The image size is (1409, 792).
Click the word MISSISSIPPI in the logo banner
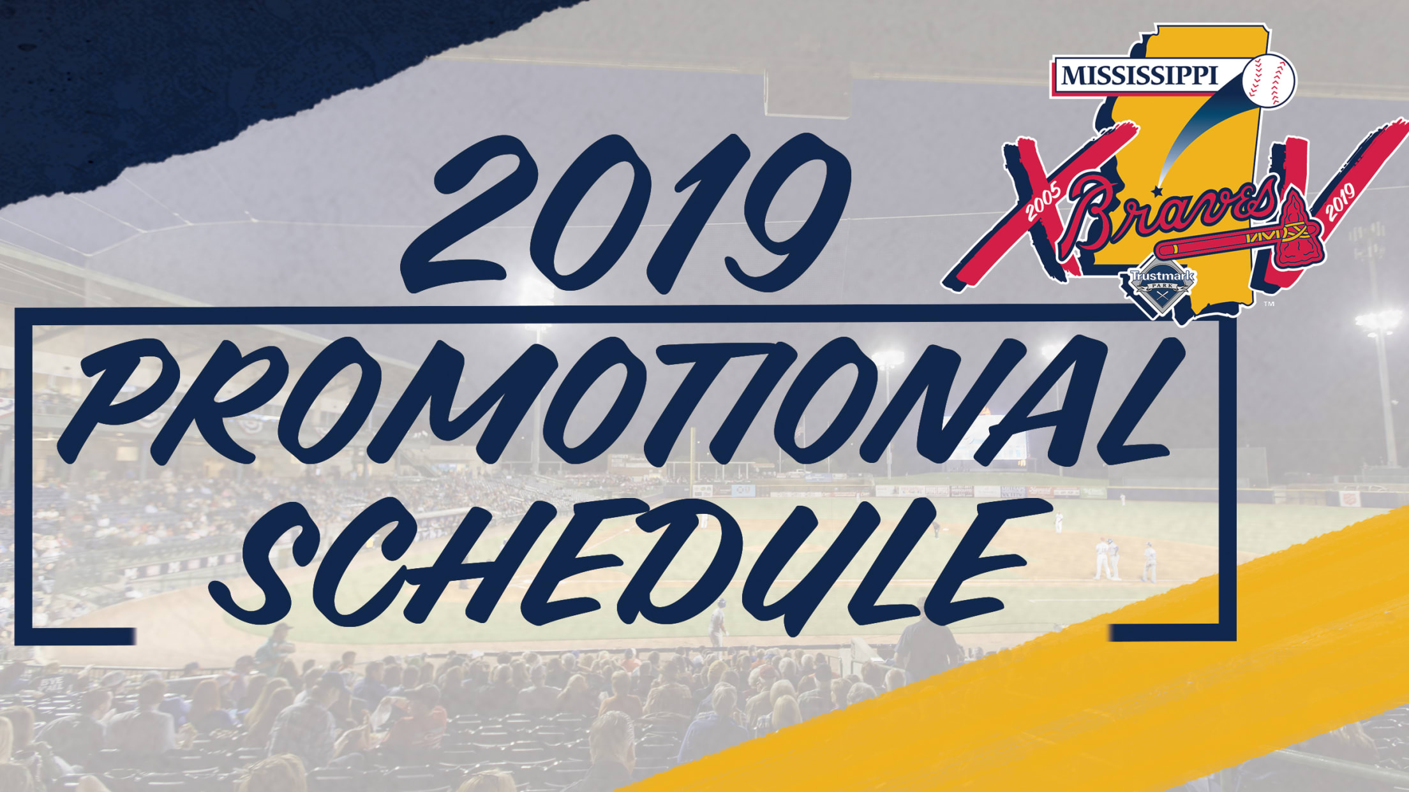1139,76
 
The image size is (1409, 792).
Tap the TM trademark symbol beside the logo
1269,304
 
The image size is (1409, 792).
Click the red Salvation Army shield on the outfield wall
1346,499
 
